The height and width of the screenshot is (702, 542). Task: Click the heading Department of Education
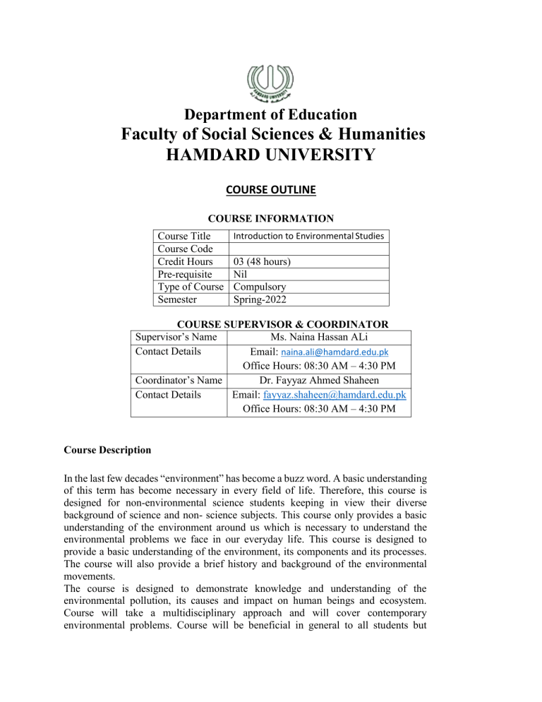point(271,114)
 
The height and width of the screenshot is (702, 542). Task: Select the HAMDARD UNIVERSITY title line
point(271,155)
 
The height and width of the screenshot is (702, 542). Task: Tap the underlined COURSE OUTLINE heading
point(271,189)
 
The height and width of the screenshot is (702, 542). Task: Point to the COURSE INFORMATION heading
point(271,218)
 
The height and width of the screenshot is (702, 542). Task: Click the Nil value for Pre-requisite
point(241,274)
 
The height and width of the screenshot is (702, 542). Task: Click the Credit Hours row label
point(186,261)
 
